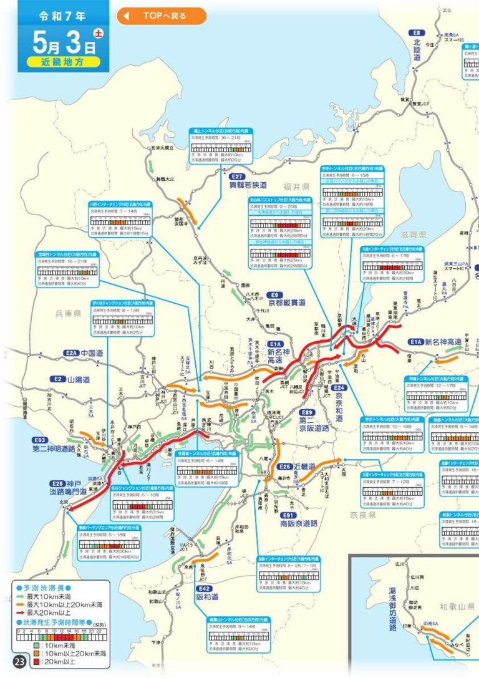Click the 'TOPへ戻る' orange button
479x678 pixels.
(161, 16)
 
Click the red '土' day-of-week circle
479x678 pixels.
(98, 33)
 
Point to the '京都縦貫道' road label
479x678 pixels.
(284, 303)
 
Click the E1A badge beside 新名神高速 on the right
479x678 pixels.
(416, 342)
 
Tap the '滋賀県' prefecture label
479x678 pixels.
(414, 235)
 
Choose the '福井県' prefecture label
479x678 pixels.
(297, 186)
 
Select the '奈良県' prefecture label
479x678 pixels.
(362, 515)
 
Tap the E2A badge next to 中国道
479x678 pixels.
(72, 353)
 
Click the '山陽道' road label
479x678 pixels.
(79, 379)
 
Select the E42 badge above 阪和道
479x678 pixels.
(204, 588)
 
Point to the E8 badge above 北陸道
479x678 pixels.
(417, 32)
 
